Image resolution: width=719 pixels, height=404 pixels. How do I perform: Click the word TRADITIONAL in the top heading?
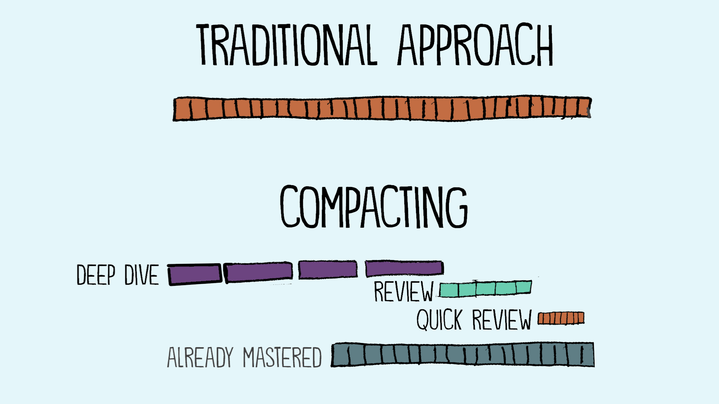pyautogui.click(x=286, y=45)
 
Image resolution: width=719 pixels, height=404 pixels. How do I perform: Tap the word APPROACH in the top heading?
pyautogui.click(x=475, y=45)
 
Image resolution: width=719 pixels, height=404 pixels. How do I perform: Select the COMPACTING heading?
pyautogui.click(x=374, y=206)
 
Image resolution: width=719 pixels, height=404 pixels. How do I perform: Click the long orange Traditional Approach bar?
pyautogui.click(x=382, y=108)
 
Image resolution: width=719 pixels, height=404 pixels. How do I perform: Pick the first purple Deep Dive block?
pyautogui.click(x=195, y=274)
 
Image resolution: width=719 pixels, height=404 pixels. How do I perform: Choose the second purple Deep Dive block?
pyautogui.click(x=258, y=272)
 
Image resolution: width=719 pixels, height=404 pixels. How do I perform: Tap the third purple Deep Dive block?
pyautogui.click(x=328, y=270)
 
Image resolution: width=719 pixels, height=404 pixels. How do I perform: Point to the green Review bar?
pyautogui.click(x=486, y=288)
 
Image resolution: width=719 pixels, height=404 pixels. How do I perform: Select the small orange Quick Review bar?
pyautogui.click(x=561, y=318)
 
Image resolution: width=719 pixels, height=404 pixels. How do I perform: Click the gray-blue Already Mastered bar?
pyautogui.click(x=463, y=355)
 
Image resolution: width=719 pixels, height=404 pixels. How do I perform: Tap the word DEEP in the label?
pyautogui.click(x=96, y=275)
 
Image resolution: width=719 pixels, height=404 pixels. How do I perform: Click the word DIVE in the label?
pyautogui.click(x=142, y=275)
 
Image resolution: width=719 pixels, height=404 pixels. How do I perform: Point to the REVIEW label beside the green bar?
pyautogui.click(x=404, y=291)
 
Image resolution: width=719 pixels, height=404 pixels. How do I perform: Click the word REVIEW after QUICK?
pyautogui.click(x=502, y=320)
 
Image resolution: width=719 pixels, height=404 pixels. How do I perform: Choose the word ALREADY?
pyautogui.click(x=200, y=357)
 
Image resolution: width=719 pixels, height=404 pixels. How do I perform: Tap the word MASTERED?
pyautogui.click(x=282, y=357)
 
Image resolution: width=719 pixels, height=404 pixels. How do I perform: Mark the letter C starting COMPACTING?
pyautogui.click(x=290, y=206)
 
